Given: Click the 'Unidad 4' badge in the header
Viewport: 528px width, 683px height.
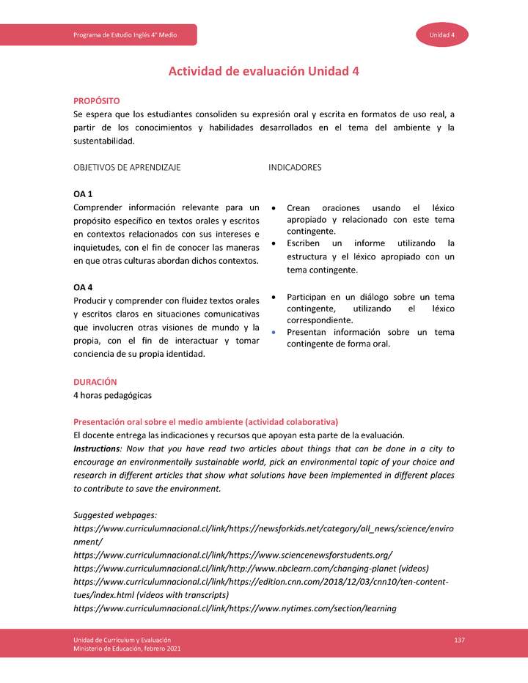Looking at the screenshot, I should tap(442, 35).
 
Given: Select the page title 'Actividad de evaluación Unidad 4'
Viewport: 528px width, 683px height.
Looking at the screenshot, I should tap(264, 71).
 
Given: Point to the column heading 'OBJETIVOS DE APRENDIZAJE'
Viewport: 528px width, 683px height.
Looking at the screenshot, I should tap(127, 168).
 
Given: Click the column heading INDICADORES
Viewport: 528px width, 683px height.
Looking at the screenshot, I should tap(295, 168).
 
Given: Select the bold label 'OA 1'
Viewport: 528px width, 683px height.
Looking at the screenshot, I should tap(83, 194).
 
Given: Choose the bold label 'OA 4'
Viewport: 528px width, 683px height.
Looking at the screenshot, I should tap(83, 287).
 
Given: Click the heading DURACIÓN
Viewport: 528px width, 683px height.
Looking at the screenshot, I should tap(95, 382).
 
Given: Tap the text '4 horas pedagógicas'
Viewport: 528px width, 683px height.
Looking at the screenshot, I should tap(112, 395).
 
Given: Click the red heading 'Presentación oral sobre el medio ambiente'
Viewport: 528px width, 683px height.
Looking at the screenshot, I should tap(205, 422).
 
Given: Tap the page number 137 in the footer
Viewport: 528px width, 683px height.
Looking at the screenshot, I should tap(460, 641).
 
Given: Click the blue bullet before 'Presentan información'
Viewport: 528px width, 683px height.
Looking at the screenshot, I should tap(274, 333).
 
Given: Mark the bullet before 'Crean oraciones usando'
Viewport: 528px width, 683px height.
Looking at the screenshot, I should tap(274, 208).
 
